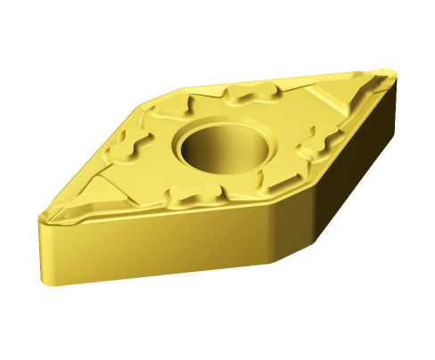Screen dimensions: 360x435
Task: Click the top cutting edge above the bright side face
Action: pos(160,213)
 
